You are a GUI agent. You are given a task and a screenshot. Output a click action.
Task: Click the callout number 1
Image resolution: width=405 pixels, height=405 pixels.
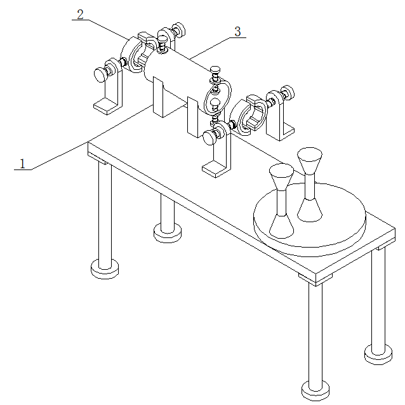point(22,164)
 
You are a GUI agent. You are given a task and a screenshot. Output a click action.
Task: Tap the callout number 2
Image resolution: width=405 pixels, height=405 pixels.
point(81,15)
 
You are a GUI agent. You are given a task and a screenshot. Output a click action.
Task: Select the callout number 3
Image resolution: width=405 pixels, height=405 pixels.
point(237,32)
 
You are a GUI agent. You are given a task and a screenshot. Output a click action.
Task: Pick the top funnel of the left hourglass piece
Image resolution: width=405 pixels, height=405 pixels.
point(281,176)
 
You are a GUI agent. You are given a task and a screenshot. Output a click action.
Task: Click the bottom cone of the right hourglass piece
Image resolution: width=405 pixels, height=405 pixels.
point(309,211)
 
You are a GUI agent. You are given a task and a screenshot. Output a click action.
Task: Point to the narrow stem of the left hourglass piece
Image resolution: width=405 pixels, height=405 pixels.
point(282,202)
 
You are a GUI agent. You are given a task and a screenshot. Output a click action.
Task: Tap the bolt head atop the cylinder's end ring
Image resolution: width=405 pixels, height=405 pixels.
point(215,69)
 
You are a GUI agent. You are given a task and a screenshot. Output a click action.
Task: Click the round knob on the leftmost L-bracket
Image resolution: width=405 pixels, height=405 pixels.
point(100,75)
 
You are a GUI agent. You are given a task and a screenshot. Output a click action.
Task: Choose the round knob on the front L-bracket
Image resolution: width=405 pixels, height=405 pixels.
point(209,138)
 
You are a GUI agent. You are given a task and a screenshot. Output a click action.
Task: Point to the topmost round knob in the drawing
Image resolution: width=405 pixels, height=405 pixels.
point(180,29)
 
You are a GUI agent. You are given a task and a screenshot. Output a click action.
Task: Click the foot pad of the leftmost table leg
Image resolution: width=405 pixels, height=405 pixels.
point(105,269)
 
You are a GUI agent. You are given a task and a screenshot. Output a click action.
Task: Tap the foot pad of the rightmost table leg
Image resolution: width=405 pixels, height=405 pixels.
point(378,355)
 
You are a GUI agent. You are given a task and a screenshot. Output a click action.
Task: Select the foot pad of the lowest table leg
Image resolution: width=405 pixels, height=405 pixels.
point(315,390)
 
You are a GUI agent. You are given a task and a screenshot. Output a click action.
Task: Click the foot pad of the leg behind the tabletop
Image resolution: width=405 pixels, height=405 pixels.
point(168,234)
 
